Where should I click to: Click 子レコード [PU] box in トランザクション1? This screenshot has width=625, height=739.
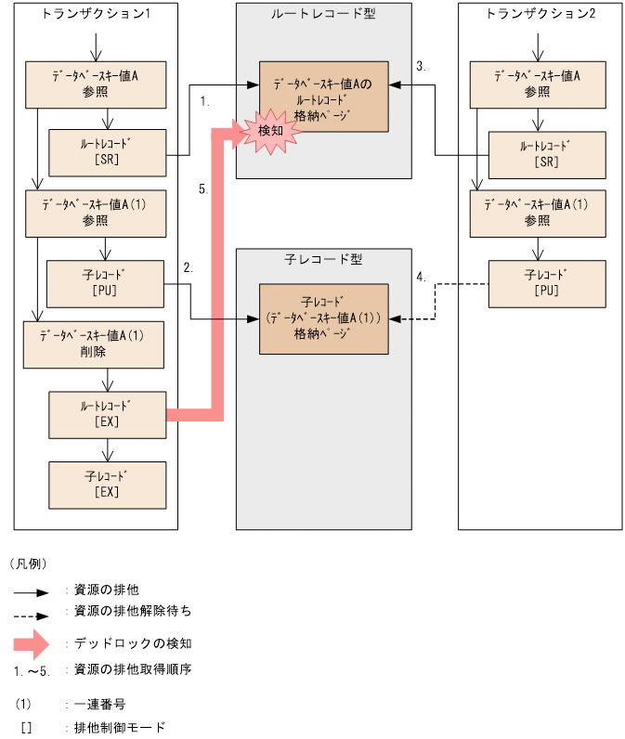click(x=107, y=283)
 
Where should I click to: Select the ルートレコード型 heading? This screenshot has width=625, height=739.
click(x=322, y=14)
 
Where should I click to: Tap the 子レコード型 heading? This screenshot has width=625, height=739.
click(x=322, y=259)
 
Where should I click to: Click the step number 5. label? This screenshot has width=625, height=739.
click(x=204, y=189)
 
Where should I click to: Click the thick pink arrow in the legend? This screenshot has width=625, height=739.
click(x=37, y=643)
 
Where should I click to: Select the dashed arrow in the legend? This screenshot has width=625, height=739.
click(x=37, y=615)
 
